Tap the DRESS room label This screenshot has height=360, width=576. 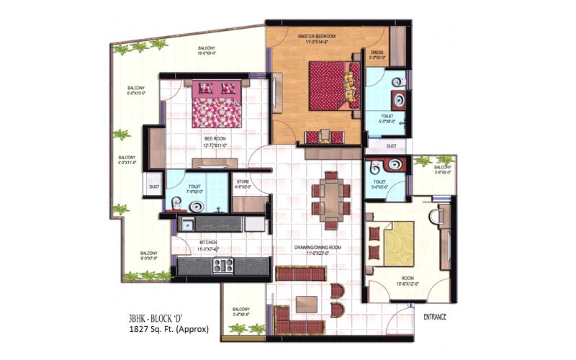tap(377, 53)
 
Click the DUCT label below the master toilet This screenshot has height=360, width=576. tap(391, 145)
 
